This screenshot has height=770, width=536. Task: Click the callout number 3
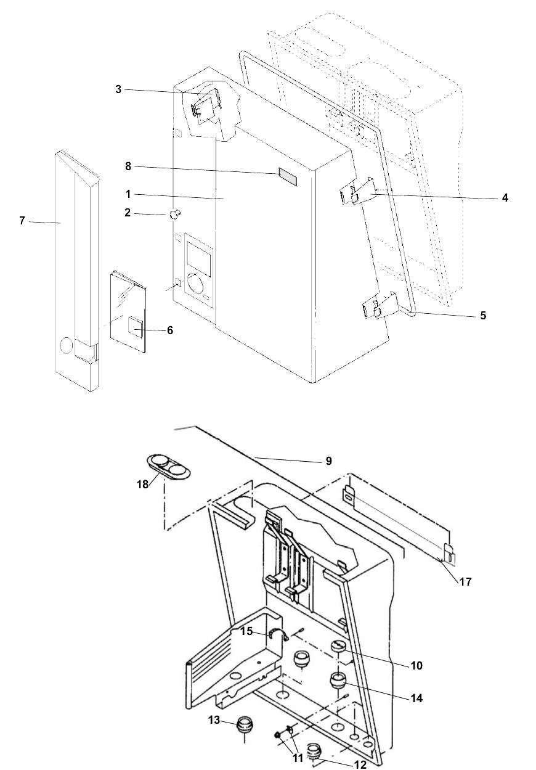pos(118,90)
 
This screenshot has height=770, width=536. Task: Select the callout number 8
pos(128,166)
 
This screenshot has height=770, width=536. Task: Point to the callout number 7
pos(22,220)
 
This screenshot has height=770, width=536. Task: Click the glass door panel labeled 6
pos(128,310)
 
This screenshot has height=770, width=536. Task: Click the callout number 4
pos(505,198)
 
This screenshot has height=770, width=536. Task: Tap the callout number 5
pos(483,315)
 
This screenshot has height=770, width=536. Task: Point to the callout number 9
pos(328,461)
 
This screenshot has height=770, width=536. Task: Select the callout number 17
pos(466,581)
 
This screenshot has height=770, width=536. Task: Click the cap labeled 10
pos(339,647)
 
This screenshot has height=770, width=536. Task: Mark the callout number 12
pos(360,764)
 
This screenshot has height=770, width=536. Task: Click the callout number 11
pos(298,758)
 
